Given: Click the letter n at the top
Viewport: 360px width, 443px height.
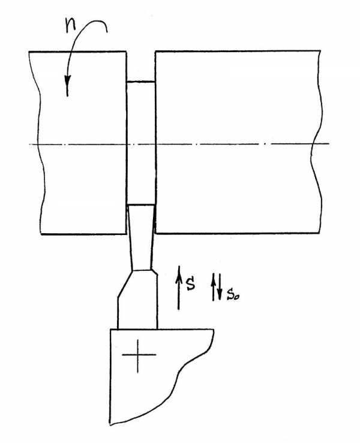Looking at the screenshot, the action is (x=71, y=26).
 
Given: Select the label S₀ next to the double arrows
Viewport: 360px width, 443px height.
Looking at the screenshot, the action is (x=233, y=295).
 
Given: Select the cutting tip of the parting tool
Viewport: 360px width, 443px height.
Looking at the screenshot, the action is (x=141, y=206).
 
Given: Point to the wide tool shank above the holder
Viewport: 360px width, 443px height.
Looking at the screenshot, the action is (x=138, y=300).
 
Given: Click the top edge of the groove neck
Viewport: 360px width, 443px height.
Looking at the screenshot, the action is (x=140, y=82).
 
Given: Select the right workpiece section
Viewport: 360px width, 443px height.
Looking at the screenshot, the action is (x=238, y=142).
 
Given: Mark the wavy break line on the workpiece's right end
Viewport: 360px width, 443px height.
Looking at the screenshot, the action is (x=316, y=142).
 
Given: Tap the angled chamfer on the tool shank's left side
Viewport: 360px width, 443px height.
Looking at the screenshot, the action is (x=125, y=284).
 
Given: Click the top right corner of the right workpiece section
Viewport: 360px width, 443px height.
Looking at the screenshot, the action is (x=320, y=51).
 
